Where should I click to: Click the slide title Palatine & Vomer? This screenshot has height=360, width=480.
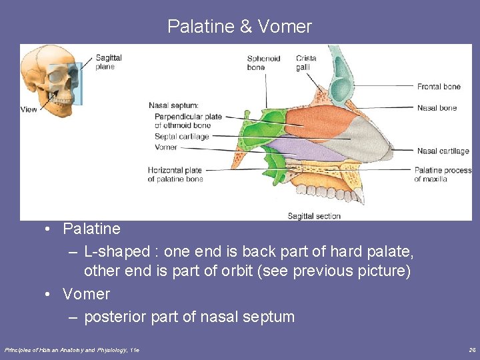(239, 27)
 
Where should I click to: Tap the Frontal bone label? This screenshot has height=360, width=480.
(439, 87)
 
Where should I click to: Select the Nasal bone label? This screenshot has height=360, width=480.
(437, 108)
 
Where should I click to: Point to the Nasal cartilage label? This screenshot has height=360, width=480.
(443, 151)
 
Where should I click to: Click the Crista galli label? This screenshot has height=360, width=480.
(306, 63)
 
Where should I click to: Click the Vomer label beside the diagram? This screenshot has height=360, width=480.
(165, 147)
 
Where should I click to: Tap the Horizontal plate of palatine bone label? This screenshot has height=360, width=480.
(175, 175)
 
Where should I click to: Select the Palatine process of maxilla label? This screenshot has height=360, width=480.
(443, 175)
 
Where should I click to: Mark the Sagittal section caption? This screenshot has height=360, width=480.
(314, 216)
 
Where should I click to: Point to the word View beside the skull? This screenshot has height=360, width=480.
(29, 109)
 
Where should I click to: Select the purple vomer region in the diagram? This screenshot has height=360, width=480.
(300, 151)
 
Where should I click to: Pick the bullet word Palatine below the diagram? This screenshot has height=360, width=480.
(91, 229)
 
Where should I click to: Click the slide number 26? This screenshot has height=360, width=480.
(471, 349)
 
